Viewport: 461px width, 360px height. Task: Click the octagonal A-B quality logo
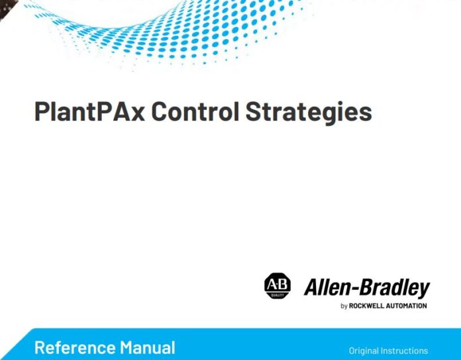[x=278, y=286]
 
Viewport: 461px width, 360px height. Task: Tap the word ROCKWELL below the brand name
[x=369, y=306]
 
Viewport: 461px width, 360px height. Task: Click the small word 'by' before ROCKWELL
[x=344, y=306]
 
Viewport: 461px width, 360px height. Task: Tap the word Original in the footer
[x=366, y=351]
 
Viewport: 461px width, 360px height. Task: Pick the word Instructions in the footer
[x=406, y=351]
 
